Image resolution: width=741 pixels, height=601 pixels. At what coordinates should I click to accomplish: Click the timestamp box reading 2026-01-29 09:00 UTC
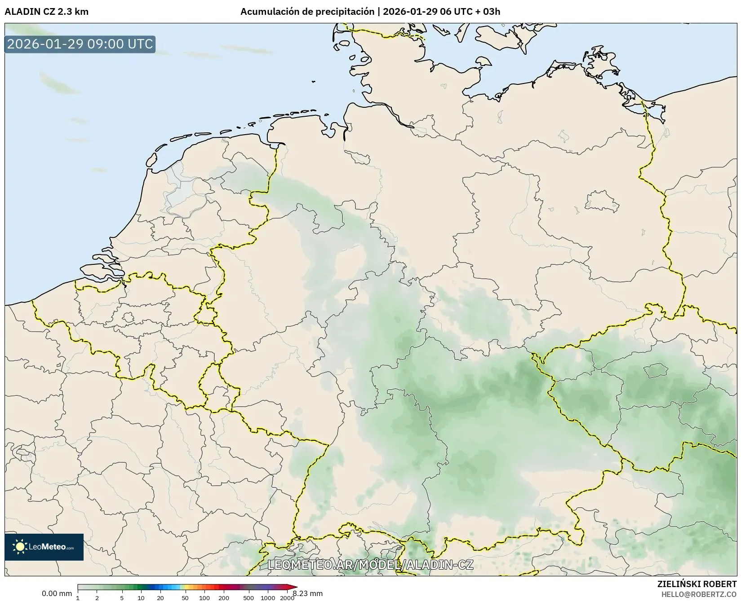click(x=80, y=44)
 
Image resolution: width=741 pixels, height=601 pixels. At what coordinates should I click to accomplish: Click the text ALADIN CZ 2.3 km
click(x=47, y=12)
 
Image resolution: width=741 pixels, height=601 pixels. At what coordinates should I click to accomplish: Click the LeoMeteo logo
click(x=44, y=547)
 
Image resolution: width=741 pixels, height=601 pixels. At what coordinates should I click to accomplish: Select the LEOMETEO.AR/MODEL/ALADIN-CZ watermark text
click(x=370, y=565)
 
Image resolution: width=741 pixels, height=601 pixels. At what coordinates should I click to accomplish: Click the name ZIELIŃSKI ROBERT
click(x=697, y=584)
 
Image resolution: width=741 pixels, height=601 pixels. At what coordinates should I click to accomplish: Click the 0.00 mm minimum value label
click(x=57, y=593)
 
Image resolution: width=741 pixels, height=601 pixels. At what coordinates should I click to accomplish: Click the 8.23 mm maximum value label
click(x=307, y=593)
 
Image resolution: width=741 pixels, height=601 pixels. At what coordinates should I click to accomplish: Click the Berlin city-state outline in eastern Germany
click(x=601, y=200)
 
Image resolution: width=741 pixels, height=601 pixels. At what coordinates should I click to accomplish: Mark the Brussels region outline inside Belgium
click(x=129, y=318)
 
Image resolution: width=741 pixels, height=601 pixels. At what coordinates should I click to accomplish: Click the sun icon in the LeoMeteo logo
click(x=20, y=547)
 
